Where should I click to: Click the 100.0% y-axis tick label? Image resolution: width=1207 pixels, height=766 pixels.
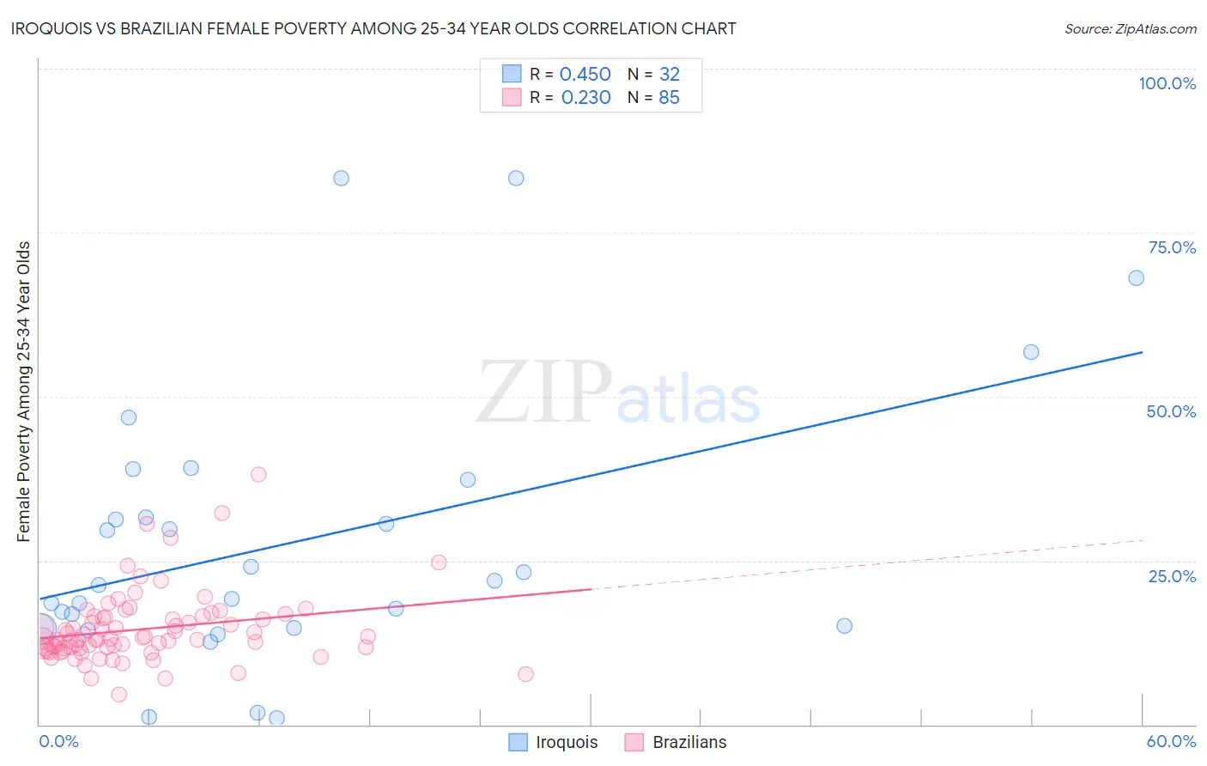tap(1167, 83)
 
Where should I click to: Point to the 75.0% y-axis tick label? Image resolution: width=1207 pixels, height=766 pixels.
tap(1172, 247)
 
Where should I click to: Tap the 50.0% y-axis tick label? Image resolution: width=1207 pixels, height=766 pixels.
tap(1171, 411)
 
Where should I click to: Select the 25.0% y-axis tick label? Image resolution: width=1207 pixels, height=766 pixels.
tap(1172, 576)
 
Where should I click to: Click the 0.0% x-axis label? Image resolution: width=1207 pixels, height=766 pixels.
tap(58, 741)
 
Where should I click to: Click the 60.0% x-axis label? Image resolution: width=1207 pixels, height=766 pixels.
tap(1171, 741)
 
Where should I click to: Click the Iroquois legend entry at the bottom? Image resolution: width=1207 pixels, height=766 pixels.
tap(554, 742)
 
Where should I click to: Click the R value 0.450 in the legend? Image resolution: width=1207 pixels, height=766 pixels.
tap(585, 75)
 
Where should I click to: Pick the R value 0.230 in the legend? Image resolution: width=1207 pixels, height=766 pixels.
tap(585, 98)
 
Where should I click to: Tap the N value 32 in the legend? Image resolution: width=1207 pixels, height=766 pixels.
tap(669, 75)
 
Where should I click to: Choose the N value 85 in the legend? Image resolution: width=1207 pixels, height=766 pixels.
tap(669, 98)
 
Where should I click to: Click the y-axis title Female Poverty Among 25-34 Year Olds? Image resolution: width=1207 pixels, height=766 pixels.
tap(24, 392)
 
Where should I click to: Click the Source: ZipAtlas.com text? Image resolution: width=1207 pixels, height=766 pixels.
tap(1130, 28)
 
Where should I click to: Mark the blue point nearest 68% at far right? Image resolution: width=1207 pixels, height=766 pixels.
tap(1136, 278)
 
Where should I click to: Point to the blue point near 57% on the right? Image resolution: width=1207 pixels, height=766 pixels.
tap(1031, 352)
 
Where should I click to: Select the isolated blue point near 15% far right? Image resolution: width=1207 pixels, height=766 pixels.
tap(844, 626)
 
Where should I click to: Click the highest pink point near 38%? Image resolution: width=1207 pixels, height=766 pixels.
tap(258, 474)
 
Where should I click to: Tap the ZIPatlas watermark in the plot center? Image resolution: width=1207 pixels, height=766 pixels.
tap(618, 393)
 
